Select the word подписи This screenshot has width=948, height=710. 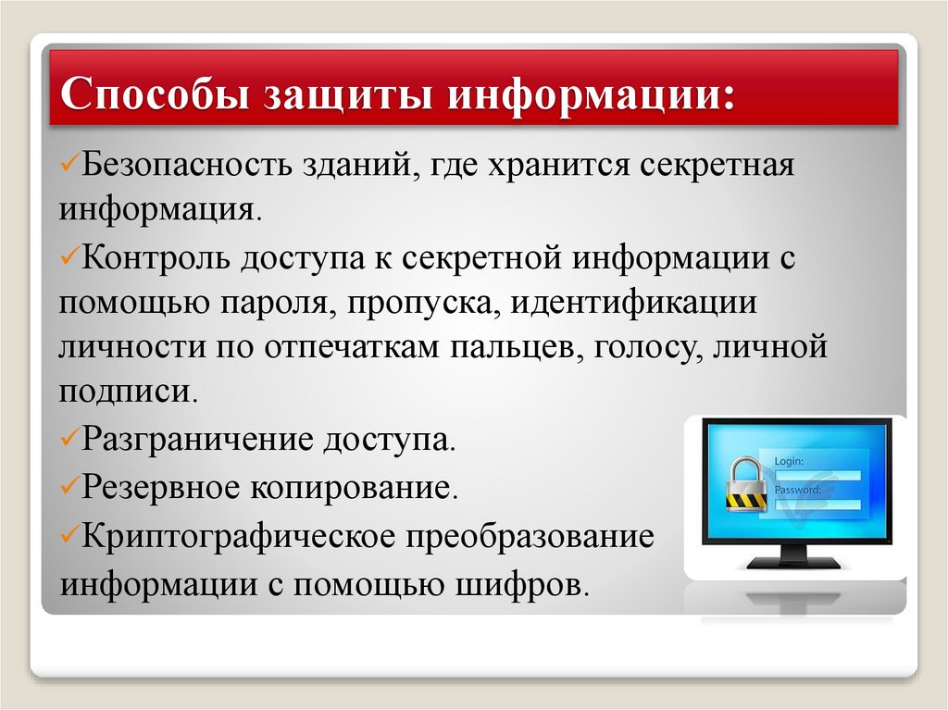tap(126, 391)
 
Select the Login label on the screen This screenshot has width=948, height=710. tap(789, 460)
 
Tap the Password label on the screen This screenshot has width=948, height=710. tap(797, 490)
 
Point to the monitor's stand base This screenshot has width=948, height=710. tap(795, 561)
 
